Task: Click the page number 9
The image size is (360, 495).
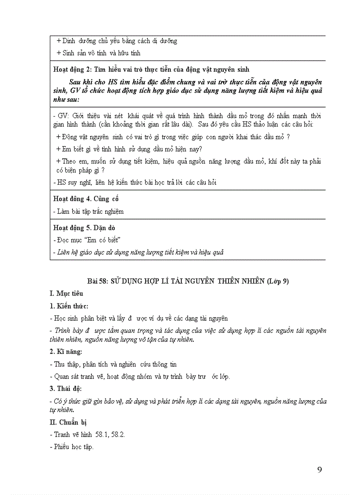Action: pyautogui.click(x=319, y=469)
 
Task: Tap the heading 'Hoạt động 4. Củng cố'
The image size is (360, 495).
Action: pyautogui.click(x=86, y=198)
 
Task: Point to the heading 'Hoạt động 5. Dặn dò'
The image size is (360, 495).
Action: pyautogui.click(x=84, y=228)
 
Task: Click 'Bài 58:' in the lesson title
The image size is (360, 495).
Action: pyautogui.click(x=97, y=281)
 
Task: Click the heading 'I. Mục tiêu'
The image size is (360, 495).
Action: pyautogui.click(x=66, y=294)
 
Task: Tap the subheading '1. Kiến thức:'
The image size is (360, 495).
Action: pyautogui.click(x=69, y=306)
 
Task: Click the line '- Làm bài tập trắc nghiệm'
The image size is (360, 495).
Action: pyautogui.click(x=88, y=211)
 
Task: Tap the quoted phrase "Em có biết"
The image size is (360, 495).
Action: pyautogui.click(x=102, y=240)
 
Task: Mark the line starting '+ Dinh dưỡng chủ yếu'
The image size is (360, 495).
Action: pyautogui.click(x=117, y=41)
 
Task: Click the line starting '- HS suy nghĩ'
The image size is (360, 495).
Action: pyautogui.click(x=135, y=182)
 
